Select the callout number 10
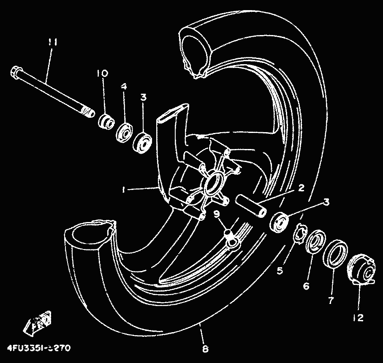[102, 73]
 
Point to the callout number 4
[123, 86]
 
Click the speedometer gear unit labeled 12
[361, 268]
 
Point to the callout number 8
[205, 349]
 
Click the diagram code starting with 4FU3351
[38, 348]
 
